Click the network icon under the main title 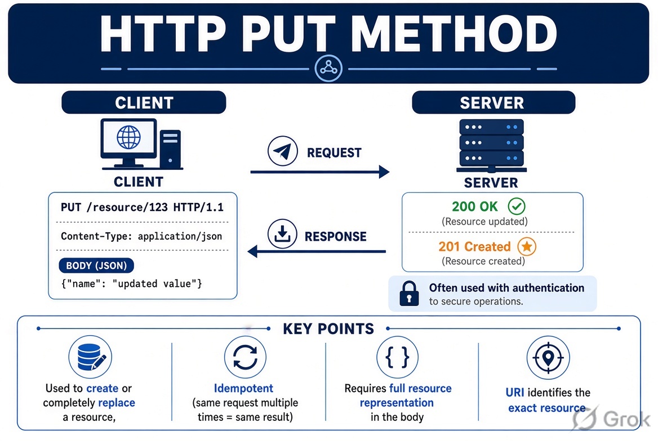[x=328, y=68]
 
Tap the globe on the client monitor [x=129, y=137]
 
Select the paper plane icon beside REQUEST [x=282, y=151]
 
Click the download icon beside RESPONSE [x=282, y=233]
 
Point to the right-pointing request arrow [x=320, y=172]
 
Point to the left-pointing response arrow [x=317, y=251]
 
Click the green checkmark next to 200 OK [x=517, y=206]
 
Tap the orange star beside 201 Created [x=527, y=246]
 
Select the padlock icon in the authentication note [x=409, y=294]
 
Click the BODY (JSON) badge [x=96, y=265]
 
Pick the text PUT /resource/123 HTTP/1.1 [x=143, y=207]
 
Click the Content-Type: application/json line [x=141, y=236]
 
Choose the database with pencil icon [x=90, y=357]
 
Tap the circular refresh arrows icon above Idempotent [x=245, y=357]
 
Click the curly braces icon [x=397, y=357]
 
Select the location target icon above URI [x=548, y=358]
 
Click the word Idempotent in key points [x=243, y=388]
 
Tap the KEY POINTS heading [x=328, y=328]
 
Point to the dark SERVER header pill [x=493, y=102]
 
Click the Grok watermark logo [x=611, y=419]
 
